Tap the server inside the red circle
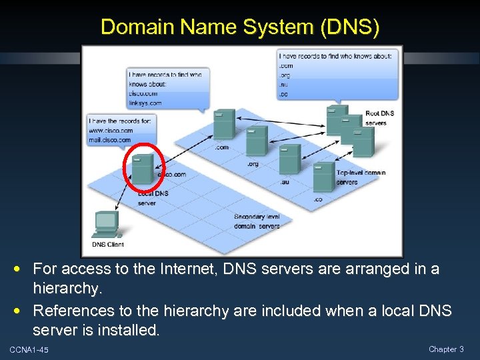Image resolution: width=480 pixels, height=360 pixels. point(143,169)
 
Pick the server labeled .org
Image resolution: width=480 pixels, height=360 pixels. point(256,141)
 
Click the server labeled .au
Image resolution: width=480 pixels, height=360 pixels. point(289,159)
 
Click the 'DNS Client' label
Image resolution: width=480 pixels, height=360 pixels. point(107,245)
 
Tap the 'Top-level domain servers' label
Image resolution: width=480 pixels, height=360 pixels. point(360,177)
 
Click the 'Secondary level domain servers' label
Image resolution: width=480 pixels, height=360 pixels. point(257,221)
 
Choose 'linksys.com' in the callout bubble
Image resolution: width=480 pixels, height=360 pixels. point(145,103)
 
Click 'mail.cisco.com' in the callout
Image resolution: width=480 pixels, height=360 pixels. point(109,139)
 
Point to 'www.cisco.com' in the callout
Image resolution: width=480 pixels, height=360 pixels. point(109,131)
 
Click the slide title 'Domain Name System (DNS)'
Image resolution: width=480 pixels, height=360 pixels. point(240,27)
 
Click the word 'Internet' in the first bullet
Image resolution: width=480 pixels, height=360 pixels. point(187,269)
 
